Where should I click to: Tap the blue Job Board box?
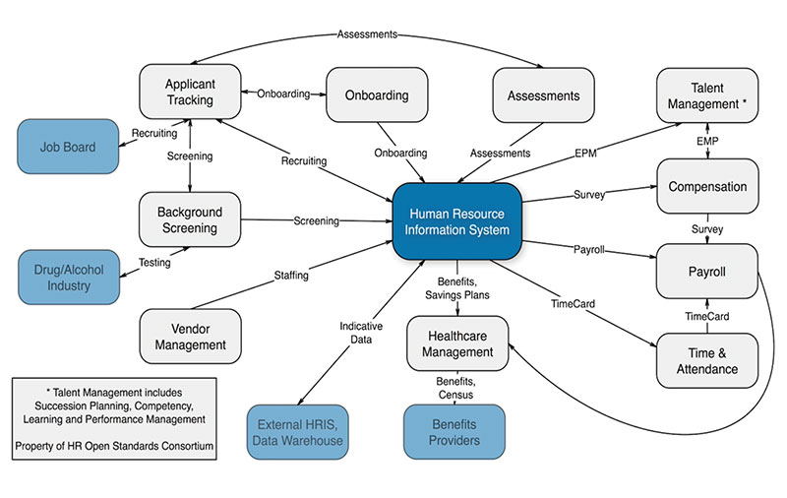pos(67,148)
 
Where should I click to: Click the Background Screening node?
pos(190,220)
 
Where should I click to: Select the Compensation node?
pos(707,187)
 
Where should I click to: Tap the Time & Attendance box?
pos(707,361)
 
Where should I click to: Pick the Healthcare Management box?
pos(458,343)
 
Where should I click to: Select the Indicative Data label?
pos(361,334)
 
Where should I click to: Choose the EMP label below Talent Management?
pos(706,143)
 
